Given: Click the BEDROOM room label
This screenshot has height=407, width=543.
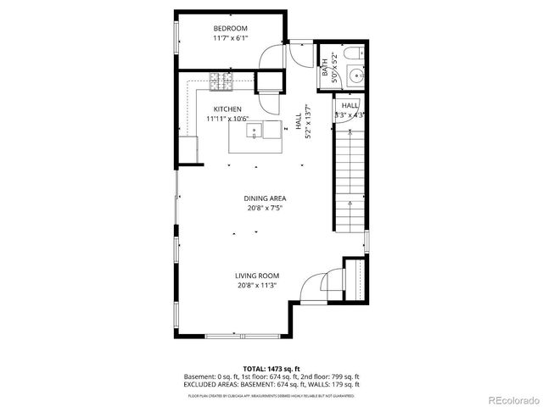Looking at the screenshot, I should (227, 28).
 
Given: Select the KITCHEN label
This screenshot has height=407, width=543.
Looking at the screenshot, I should (227, 109).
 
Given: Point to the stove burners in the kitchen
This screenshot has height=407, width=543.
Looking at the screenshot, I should (221, 81).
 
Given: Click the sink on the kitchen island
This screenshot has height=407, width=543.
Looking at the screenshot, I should (254, 131).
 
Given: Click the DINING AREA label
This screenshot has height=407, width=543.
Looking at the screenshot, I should (266, 198).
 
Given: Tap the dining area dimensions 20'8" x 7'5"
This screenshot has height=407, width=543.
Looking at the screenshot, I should (266, 209).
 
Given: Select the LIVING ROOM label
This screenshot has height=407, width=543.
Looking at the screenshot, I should (257, 276).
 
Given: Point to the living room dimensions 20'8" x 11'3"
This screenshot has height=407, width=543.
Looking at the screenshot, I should (257, 286).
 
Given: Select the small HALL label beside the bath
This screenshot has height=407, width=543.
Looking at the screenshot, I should (350, 106).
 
